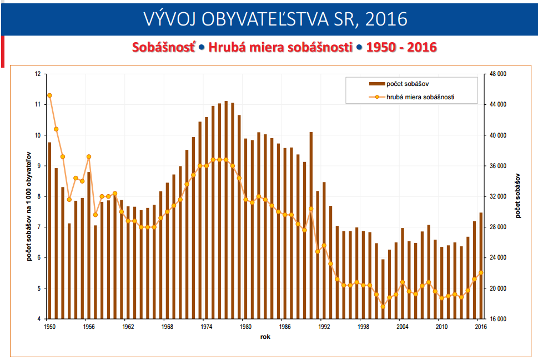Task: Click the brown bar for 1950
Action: click(x=49, y=230)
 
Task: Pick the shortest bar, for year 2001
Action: click(x=383, y=288)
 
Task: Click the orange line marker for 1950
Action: click(x=49, y=95)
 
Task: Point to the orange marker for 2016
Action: click(x=481, y=272)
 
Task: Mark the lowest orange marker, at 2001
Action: click(x=383, y=307)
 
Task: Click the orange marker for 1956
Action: click(x=89, y=156)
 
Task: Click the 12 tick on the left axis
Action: click(x=38, y=74)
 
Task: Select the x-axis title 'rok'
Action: click(x=265, y=337)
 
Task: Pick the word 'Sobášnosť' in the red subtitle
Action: click(x=164, y=47)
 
